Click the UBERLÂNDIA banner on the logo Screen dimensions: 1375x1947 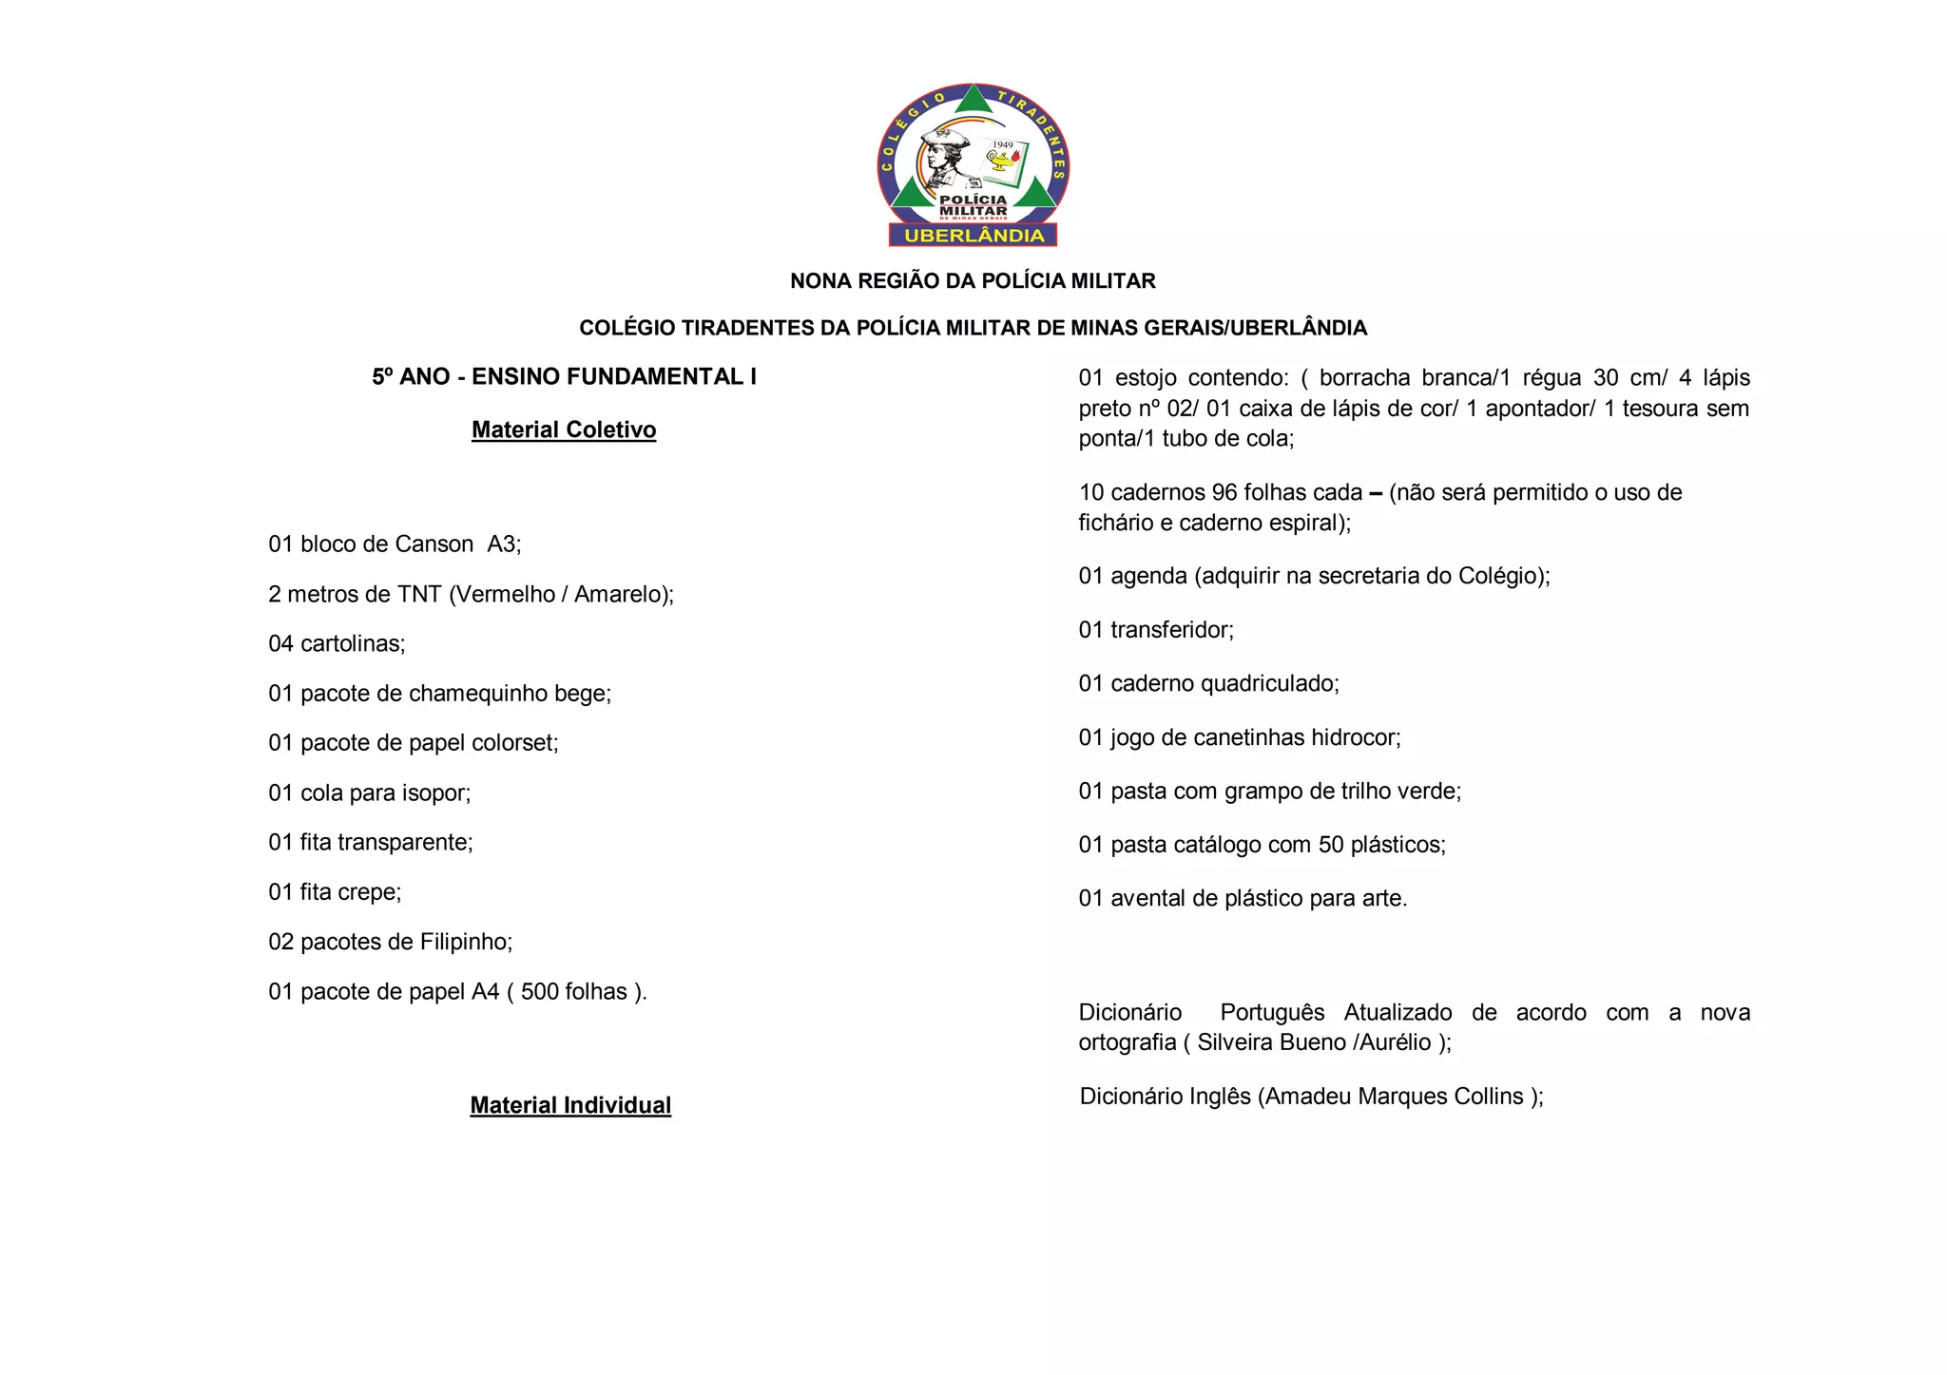pyautogui.click(x=973, y=236)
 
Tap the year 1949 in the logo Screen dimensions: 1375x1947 pyautogui.click(x=1003, y=145)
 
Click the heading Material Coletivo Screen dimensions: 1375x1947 pyautogui.click(x=564, y=430)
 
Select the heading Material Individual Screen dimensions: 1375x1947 pyautogui.click(x=570, y=1105)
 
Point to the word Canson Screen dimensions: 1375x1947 pyautogui.click(x=434, y=544)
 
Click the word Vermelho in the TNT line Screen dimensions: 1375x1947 pyautogui.click(x=505, y=595)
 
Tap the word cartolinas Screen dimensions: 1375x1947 pyautogui.click(x=352, y=644)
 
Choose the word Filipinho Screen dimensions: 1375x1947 pyautogui.click(x=466, y=942)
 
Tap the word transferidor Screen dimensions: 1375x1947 pyautogui.click(x=1171, y=630)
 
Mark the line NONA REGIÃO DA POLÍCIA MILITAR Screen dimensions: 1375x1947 pyautogui.click(x=973, y=281)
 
